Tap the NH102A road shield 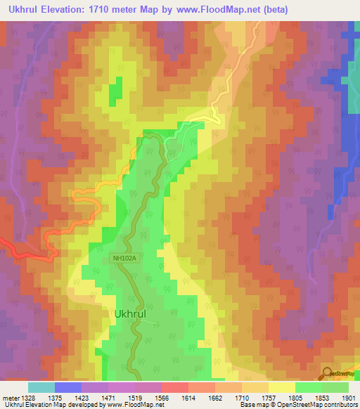point(123,258)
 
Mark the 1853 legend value point(319,398)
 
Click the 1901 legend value point(349,398)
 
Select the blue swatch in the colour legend point(67,387)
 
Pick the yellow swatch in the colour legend point(281,387)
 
